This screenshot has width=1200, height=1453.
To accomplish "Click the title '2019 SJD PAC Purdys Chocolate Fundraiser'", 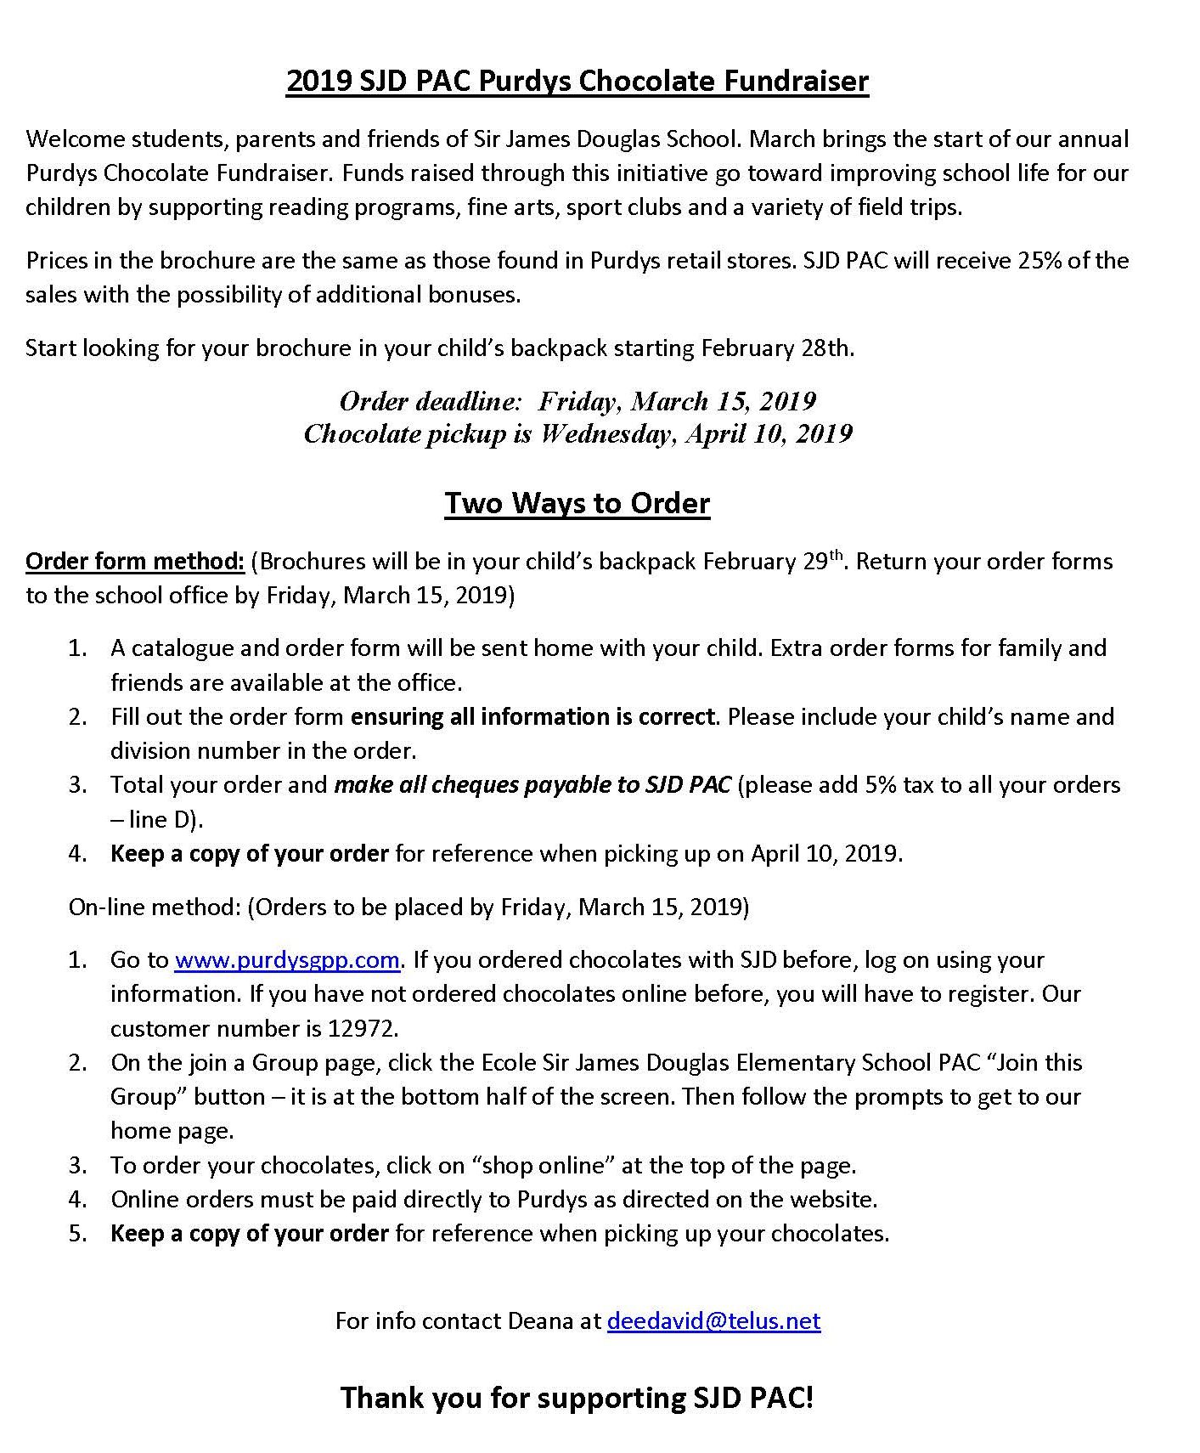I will (x=577, y=81).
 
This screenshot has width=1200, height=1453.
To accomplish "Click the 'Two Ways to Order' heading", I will (x=577, y=503).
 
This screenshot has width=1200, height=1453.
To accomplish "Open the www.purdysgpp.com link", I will (x=287, y=959).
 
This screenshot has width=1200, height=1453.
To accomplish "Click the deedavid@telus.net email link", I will (x=713, y=1320).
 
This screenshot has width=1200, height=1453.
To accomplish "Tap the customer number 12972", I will (x=363, y=1028).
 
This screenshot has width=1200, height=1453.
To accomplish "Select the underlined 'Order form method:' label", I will (x=135, y=562).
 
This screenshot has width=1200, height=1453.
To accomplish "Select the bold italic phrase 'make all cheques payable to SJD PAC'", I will (x=532, y=784).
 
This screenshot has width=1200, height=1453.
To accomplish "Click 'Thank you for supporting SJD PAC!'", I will (x=577, y=1397).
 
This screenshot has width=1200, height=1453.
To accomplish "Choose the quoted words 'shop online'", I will (x=544, y=1165).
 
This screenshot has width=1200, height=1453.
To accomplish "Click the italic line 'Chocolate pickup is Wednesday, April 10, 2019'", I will (x=577, y=434).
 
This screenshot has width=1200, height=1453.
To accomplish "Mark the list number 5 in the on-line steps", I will (x=78, y=1233).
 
